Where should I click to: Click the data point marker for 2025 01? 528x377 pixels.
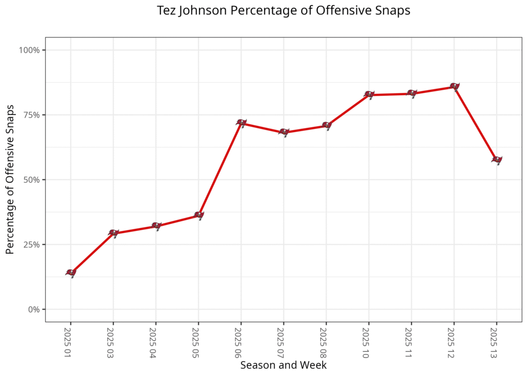pos(71,272)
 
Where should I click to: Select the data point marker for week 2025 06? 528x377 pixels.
pos(241,123)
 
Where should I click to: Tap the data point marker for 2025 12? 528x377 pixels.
pos(454,86)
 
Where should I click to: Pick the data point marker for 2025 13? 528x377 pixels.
pos(497,159)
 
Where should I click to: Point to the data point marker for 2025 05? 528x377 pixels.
pos(199,215)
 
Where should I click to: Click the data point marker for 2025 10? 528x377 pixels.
pos(369,94)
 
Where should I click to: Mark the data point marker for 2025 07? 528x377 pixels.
pos(284,132)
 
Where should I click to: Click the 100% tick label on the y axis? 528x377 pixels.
pos(29,50)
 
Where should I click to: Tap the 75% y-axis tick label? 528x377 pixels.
pos(31,115)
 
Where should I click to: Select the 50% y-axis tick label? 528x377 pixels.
pos(31,180)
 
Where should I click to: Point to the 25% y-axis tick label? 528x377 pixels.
pos(31,244)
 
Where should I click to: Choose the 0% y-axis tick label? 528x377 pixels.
pos(34,309)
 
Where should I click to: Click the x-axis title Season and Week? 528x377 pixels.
pos(284,365)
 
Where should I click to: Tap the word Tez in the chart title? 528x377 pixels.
pos(167,11)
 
